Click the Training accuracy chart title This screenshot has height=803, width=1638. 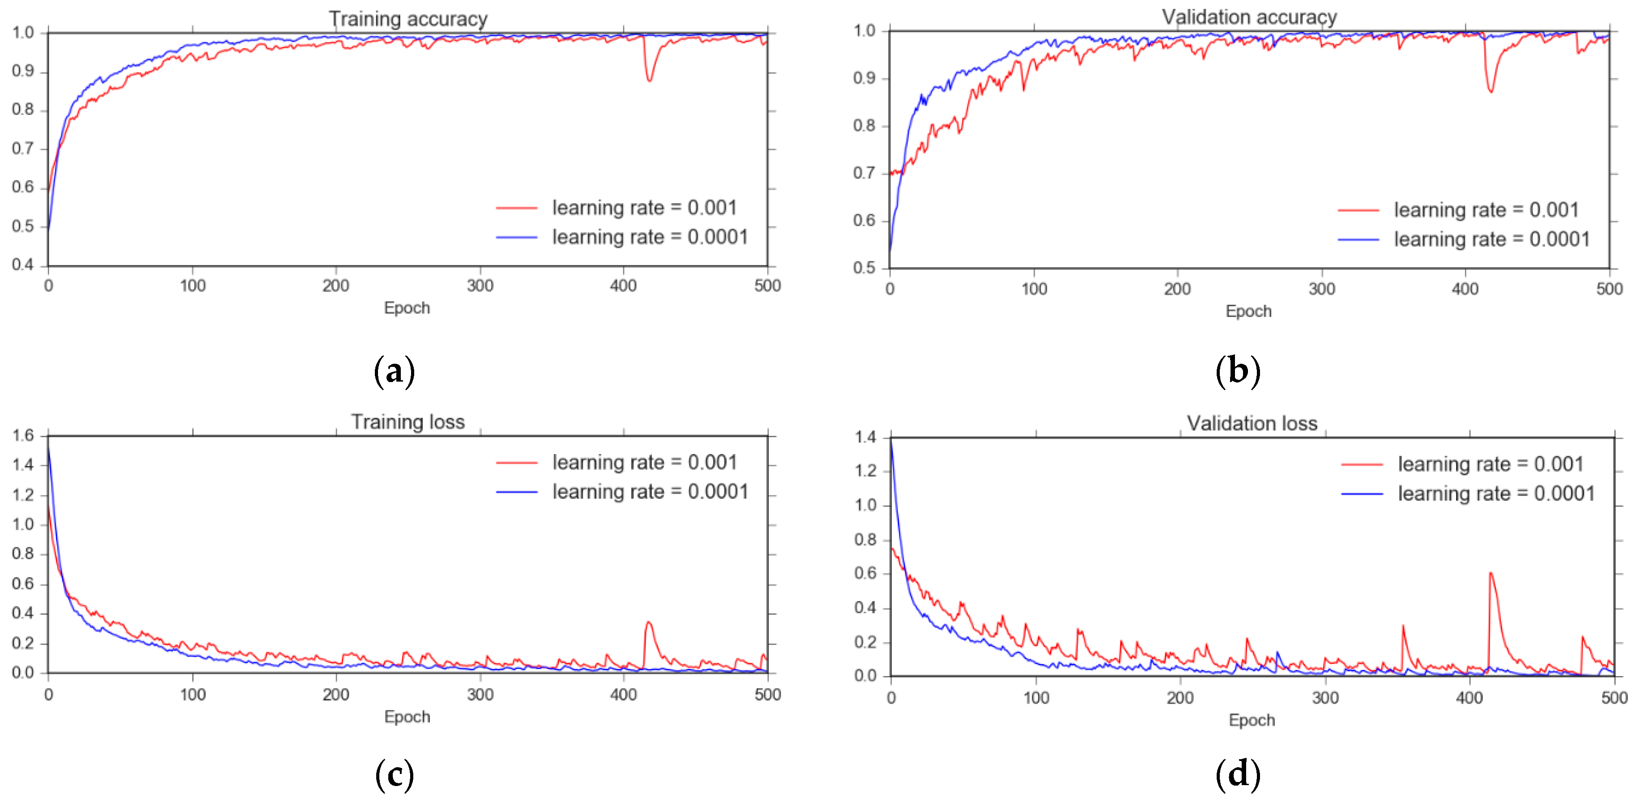tap(407, 19)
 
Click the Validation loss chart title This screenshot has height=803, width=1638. tap(1252, 424)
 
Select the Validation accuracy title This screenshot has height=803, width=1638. tap(1249, 17)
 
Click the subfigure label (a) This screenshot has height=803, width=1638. tap(394, 370)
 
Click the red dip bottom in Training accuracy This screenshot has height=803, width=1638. tap(649, 80)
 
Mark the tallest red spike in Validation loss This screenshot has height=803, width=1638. tap(1491, 573)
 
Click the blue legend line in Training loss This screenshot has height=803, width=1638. tap(517, 492)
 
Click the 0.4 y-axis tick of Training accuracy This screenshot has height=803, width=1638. tap(23, 265)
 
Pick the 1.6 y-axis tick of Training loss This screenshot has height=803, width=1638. tap(23, 436)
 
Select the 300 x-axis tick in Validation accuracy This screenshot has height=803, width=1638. tap(1321, 289)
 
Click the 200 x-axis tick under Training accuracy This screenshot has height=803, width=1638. tap(336, 286)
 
